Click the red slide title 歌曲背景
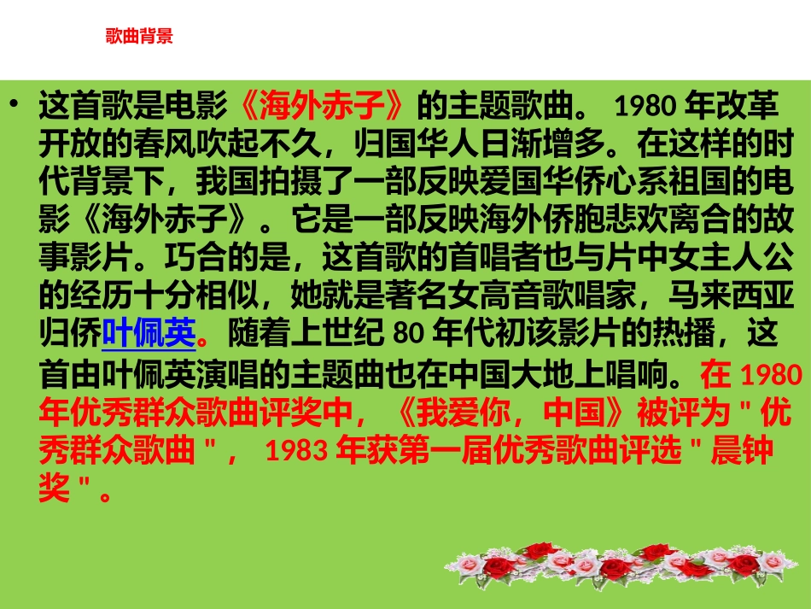click(138, 36)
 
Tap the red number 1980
click(769, 375)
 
